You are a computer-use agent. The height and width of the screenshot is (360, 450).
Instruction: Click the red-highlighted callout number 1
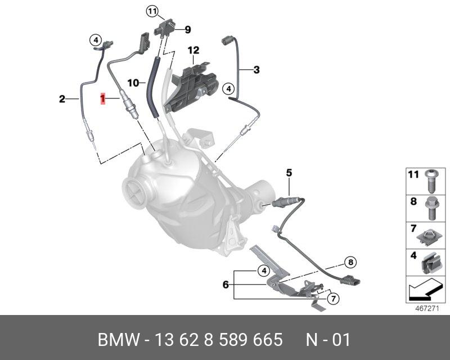pos(103,99)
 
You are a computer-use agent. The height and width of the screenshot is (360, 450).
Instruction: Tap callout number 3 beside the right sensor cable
pos(256,70)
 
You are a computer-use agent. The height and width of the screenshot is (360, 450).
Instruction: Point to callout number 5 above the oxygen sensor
pos(289,172)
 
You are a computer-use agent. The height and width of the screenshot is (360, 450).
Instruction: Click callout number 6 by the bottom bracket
pos(226,285)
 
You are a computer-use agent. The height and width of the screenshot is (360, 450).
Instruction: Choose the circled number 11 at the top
pos(153,11)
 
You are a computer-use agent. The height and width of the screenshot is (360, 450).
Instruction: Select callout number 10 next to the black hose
pos(133,83)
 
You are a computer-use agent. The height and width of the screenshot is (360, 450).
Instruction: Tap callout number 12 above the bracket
pos(193,51)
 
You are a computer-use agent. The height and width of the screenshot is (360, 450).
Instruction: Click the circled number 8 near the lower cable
pos(350,262)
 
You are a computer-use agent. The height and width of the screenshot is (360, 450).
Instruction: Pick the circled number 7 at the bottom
pos(332,298)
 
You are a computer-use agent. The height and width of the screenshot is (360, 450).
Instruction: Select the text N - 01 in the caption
pos(328,340)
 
